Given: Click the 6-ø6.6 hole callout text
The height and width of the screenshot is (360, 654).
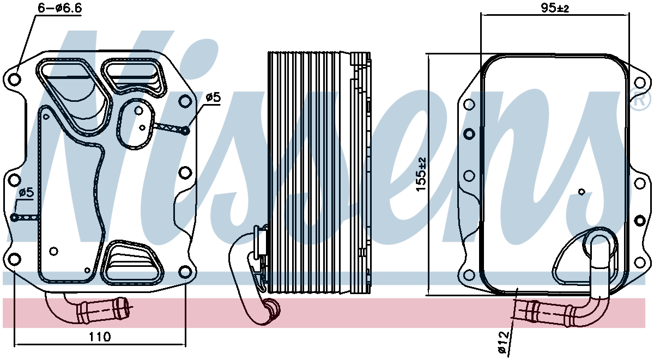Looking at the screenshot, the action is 60,8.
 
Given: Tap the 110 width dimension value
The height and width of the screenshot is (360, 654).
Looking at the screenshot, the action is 100,337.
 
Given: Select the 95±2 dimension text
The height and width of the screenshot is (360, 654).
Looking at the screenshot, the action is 555,8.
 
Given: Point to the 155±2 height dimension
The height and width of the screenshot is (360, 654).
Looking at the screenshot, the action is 421,174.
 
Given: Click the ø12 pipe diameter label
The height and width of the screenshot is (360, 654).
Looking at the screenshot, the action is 504,343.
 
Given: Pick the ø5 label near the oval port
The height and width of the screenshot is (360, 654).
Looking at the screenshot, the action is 213,97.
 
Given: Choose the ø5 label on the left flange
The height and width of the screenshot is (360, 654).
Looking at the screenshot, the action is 26,192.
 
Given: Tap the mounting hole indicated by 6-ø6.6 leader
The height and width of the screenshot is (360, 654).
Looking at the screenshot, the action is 15,79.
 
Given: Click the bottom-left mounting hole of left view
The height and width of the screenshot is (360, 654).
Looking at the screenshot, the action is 14,259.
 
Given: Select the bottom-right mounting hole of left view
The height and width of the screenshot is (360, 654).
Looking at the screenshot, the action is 185,272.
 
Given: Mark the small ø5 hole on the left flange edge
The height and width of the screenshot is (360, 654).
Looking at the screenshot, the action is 14,217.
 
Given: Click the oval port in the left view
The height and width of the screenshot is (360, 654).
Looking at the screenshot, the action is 136,124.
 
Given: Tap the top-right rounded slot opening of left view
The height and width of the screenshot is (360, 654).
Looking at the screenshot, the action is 134,76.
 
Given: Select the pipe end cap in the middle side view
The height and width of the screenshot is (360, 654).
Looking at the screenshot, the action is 271,309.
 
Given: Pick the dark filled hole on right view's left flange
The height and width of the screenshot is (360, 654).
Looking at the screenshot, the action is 469,133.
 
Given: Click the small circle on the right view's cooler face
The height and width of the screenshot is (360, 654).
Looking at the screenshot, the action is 582,192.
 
